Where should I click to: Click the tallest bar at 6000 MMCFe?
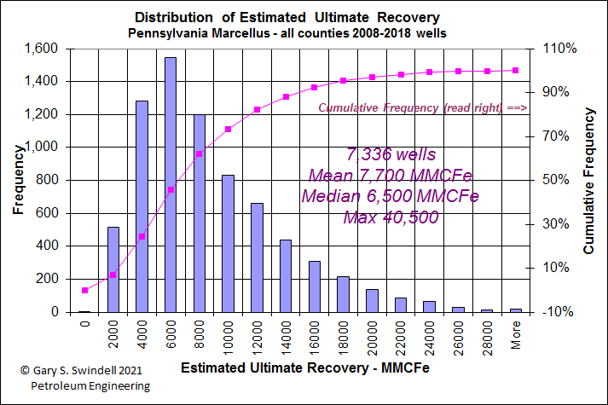[x=171, y=184]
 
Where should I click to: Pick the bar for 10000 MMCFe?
[x=228, y=243]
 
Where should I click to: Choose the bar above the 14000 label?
[x=286, y=275]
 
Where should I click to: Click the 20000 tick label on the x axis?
[x=373, y=335]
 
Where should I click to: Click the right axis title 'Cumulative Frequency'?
[x=588, y=180]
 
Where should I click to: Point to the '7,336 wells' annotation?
[x=391, y=155]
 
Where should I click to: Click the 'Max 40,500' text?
[x=391, y=217]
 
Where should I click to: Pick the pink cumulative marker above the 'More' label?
[x=515, y=70]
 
